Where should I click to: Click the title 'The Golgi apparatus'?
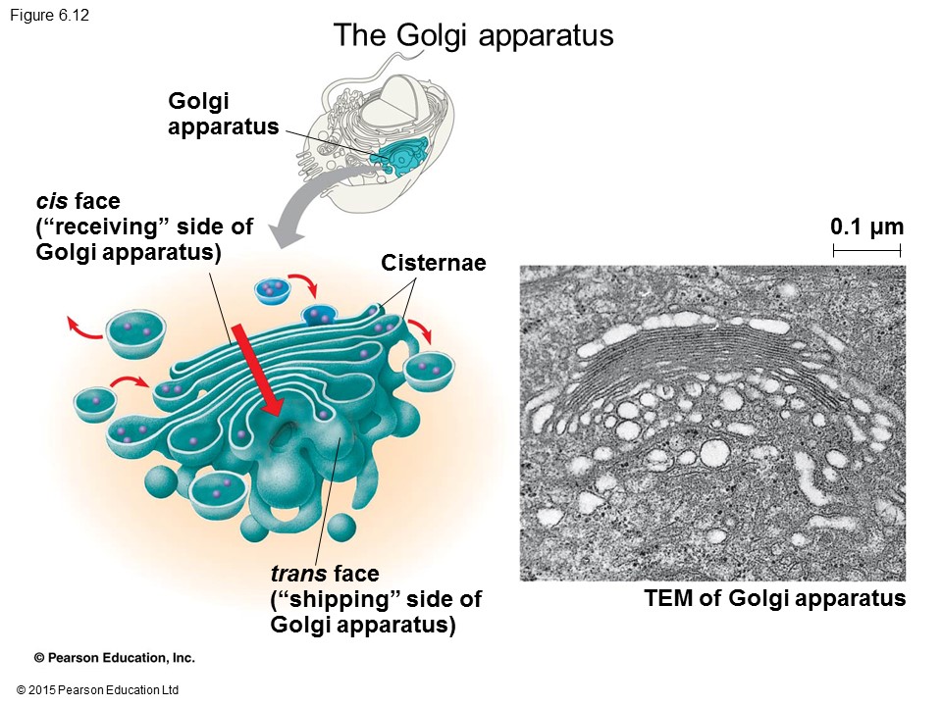pyautogui.click(x=473, y=35)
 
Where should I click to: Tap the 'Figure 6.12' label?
pyautogui.click(x=50, y=15)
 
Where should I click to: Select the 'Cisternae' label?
pyautogui.click(x=433, y=263)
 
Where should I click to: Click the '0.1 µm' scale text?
pyautogui.click(x=865, y=227)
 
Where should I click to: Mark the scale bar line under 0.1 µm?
pyautogui.click(x=866, y=252)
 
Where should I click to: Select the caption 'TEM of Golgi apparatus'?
pyautogui.click(x=774, y=598)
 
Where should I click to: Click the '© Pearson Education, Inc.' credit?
pyautogui.click(x=115, y=658)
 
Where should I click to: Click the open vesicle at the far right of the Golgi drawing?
pyautogui.click(x=431, y=371)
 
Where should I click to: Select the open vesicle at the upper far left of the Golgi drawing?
pyautogui.click(x=135, y=332)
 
